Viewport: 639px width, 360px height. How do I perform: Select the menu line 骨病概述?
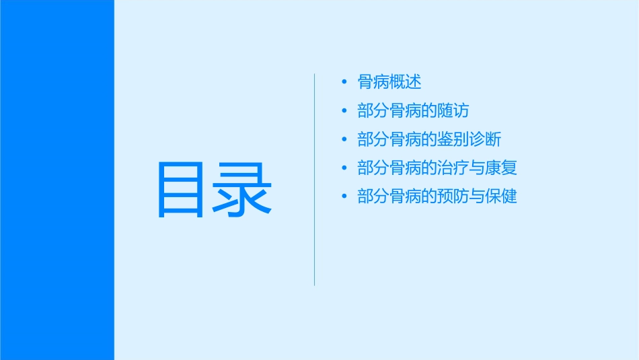click(x=389, y=82)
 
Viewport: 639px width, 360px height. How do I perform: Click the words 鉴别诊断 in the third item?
click(x=469, y=139)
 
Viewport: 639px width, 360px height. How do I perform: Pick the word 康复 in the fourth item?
click(x=501, y=168)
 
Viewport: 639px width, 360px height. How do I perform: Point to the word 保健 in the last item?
click(x=501, y=196)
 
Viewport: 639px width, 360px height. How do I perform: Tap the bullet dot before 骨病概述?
click(x=344, y=82)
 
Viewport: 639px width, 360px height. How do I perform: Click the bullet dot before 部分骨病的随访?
click(x=344, y=111)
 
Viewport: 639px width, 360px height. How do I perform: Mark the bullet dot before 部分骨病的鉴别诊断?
click(x=344, y=139)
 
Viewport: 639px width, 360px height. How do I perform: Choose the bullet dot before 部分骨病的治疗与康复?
click(x=344, y=168)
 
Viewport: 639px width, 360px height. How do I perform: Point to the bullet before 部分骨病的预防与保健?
click(x=344, y=196)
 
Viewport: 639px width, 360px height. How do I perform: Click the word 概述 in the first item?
click(x=406, y=82)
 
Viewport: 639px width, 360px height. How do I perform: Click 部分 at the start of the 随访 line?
click(x=373, y=111)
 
